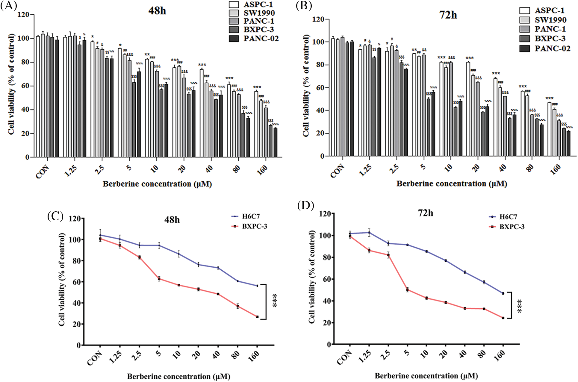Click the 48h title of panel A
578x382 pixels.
point(157,11)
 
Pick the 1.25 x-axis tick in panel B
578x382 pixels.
point(365,171)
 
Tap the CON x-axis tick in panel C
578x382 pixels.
point(95,358)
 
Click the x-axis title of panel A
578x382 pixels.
point(157,184)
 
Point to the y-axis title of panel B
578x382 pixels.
point(306,86)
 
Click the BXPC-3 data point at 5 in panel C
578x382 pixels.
point(159,279)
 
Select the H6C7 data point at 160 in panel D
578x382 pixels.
point(503,293)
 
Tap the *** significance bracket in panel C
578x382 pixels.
point(265,301)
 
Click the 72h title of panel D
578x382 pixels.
point(425,213)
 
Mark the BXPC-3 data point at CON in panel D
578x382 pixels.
point(350,237)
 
